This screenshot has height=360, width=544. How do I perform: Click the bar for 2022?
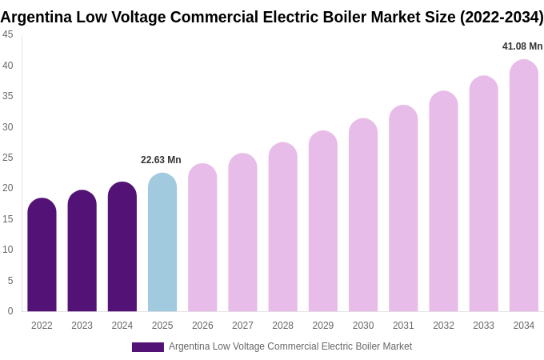42,255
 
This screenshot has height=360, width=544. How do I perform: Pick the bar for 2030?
363,215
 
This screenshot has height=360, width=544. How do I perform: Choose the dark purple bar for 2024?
122,247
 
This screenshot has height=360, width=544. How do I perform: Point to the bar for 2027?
242,233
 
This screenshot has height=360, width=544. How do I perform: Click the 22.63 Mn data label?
161,160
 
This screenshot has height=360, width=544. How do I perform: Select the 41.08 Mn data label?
522,46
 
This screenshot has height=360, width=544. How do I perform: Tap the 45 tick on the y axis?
8,34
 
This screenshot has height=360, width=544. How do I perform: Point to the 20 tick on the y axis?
8,188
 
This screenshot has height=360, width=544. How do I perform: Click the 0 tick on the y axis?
10,311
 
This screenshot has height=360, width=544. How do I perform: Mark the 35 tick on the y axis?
8,96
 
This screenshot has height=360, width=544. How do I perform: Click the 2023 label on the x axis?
82,326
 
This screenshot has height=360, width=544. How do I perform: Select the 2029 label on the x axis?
323,326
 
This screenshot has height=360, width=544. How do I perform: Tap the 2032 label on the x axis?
443,326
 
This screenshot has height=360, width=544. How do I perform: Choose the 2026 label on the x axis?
202,326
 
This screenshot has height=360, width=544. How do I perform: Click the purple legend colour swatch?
148,347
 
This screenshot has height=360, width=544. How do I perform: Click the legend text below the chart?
290,346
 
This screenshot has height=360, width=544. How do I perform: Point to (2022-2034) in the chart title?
502,17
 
